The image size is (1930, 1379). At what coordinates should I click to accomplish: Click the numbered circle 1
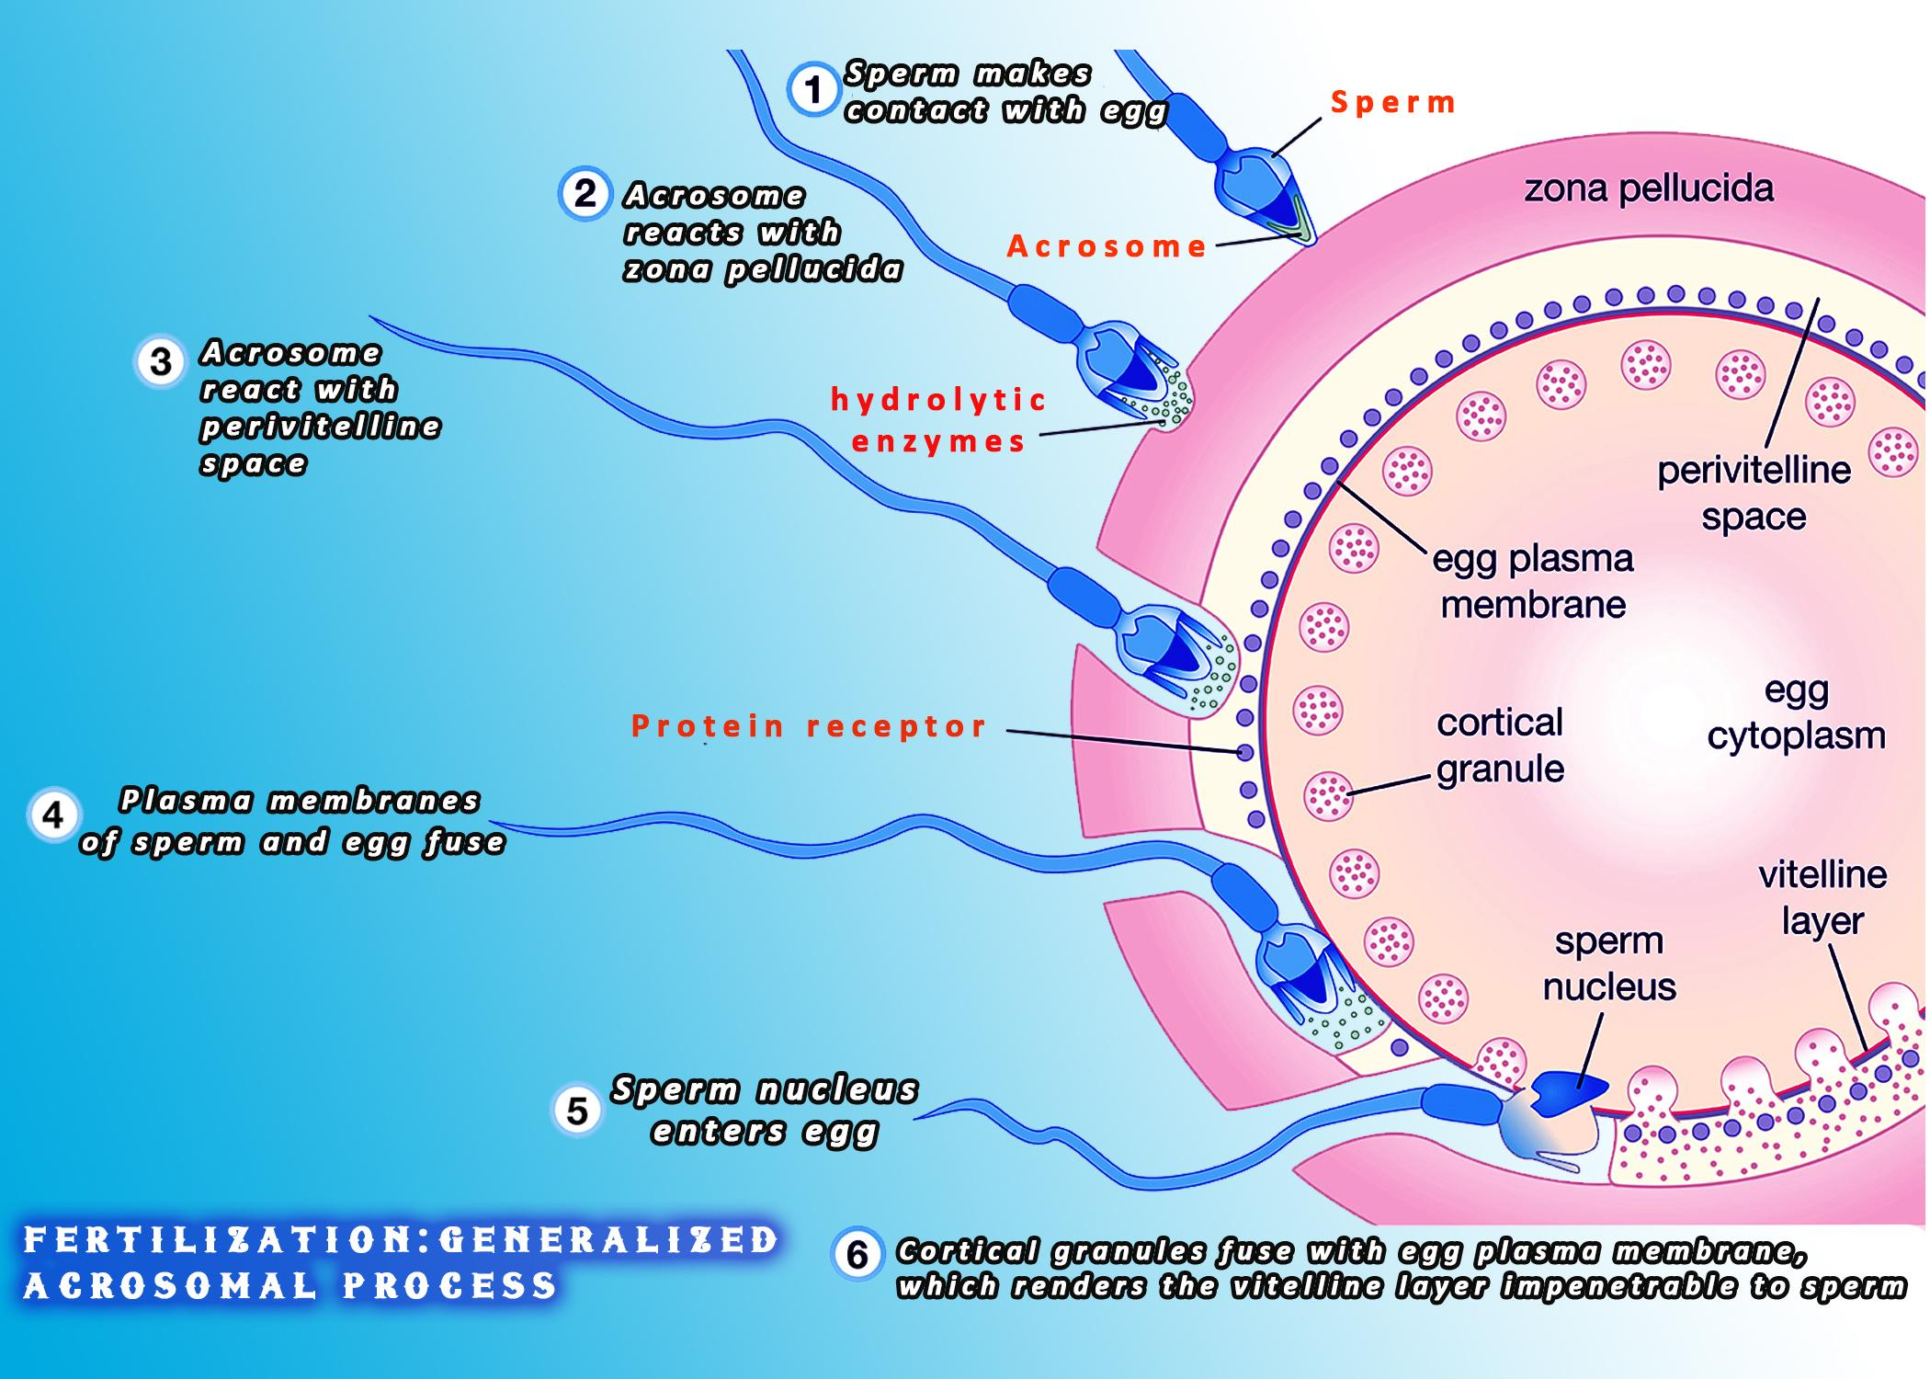tap(812, 91)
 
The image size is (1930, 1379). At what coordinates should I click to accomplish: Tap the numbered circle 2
tap(585, 193)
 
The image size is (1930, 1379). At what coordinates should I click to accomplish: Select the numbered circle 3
tap(160, 361)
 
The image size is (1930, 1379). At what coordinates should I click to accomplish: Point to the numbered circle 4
tap(53, 815)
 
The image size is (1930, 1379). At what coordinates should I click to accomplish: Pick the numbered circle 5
tap(576, 1110)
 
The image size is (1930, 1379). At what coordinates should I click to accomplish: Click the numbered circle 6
tap(857, 1255)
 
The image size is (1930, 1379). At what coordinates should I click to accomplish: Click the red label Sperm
tap(1392, 102)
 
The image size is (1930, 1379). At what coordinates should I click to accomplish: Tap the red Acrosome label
tap(1107, 246)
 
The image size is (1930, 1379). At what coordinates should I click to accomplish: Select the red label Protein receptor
tap(809, 726)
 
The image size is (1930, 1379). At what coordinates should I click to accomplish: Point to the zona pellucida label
tap(1649, 188)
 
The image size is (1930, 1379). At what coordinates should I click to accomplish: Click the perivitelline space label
tap(1754, 493)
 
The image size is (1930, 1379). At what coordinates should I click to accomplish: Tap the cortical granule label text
tap(1500, 745)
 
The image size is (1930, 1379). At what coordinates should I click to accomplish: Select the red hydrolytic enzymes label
tap(937, 420)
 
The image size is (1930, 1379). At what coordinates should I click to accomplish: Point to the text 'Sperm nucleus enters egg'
tap(765, 1110)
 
